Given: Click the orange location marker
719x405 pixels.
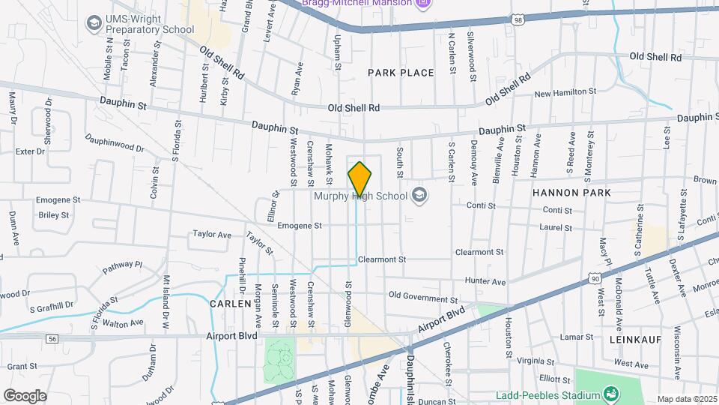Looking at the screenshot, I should pyautogui.click(x=359, y=178).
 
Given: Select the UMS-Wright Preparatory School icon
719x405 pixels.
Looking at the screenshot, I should pyautogui.click(x=94, y=24).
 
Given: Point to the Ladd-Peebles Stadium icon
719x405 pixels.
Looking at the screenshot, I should pyautogui.click(x=612, y=394).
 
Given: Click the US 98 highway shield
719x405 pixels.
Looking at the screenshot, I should pyautogui.click(x=518, y=20).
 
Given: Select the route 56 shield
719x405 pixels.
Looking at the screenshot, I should pyautogui.click(x=52, y=339).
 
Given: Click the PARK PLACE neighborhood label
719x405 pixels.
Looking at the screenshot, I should pyautogui.click(x=401, y=73).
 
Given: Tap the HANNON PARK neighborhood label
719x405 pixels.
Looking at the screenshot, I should pyautogui.click(x=571, y=193).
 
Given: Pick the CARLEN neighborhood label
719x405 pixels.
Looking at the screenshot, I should pyautogui.click(x=231, y=304).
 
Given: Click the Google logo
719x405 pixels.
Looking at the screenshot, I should pyautogui.click(x=25, y=395).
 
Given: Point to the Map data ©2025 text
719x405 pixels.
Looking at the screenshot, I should pyautogui.click(x=686, y=399).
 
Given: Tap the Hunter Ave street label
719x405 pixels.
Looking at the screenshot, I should pyautogui.click(x=485, y=281).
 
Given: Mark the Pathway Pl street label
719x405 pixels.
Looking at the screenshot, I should pyautogui.click(x=122, y=264).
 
